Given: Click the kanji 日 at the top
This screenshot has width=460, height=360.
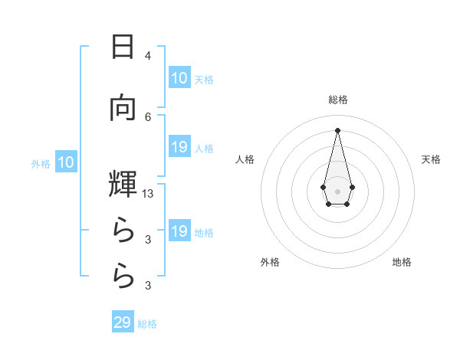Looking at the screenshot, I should point(123,47).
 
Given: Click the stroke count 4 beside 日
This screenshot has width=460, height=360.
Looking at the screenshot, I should point(148,56).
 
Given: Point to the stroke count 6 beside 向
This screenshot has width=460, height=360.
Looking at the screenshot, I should point(148,116).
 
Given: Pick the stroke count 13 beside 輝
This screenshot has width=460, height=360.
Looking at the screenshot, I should point(148,195).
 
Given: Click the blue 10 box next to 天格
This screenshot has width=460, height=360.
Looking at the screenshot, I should point(179,78).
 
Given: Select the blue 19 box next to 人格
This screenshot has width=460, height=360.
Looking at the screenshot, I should point(179,147).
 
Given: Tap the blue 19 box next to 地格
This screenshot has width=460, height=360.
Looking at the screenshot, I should point(179,231).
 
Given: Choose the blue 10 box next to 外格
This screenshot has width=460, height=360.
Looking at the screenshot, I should point(66,162).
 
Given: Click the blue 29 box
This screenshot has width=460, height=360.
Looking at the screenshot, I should point(123,322).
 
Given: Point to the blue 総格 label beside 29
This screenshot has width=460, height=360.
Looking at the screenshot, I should point(147,324).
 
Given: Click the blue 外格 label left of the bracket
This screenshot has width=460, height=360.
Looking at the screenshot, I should point(41,163).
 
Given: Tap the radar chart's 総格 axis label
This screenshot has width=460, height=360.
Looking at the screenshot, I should point(337,100).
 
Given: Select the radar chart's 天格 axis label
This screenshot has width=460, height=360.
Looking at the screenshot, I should point(432,159).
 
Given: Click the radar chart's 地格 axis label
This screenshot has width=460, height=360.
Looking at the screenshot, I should point(402,263).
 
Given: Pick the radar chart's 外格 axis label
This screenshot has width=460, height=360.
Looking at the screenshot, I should point(270,263).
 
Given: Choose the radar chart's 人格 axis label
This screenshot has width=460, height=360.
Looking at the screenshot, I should point(245,159).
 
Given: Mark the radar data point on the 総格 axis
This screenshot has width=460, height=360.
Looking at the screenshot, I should point(337,129).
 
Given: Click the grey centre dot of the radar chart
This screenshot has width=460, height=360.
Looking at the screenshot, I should point(337,191).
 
